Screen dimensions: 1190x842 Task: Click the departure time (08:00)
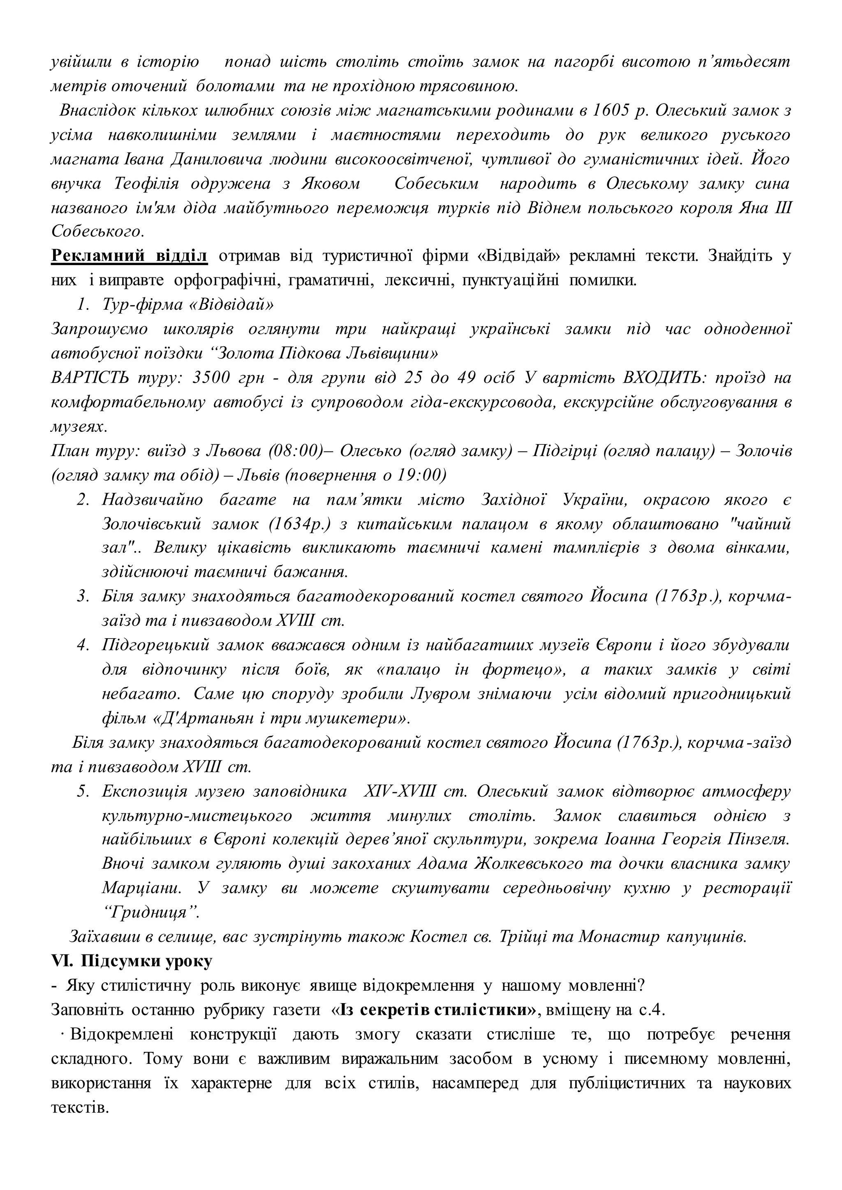coord(296,451)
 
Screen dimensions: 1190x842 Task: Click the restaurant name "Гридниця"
coord(151,913)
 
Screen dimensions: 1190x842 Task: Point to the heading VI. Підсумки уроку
coord(132,962)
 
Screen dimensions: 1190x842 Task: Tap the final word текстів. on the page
coord(80,1107)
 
